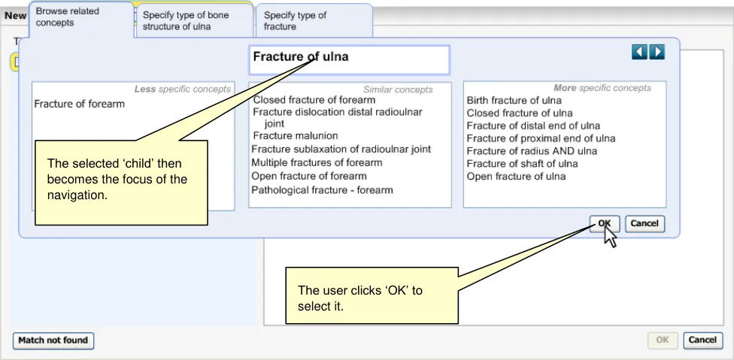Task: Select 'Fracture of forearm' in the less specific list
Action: point(80,104)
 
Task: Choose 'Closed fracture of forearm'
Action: point(314,100)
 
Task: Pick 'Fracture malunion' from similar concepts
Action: point(295,136)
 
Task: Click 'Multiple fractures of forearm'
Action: point(317,162)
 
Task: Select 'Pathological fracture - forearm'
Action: point(322,190)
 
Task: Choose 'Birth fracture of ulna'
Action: point(514,100)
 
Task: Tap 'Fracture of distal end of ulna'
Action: point(533,126)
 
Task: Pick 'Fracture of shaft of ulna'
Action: point(522,164)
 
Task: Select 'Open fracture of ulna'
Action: point(516,177)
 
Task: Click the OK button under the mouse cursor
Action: point(604,223)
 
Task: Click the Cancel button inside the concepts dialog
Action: point(645,223)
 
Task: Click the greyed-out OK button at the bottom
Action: point(662,340)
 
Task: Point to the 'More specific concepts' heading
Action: point(602,88)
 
